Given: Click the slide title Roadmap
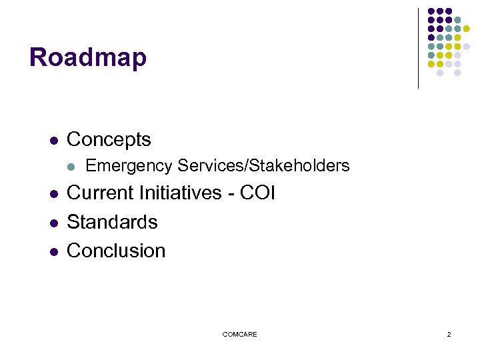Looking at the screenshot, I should [x=87, y=57].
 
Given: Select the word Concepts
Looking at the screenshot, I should [x=109, y=140].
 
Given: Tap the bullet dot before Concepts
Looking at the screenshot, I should [x=53, y=141].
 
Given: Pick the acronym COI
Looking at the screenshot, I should [x=257, y=193].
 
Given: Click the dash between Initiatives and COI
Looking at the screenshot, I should [x=229, y=194].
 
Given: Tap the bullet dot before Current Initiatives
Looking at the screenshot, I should [x=53, y=194].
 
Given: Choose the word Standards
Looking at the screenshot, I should [x=112, y=222].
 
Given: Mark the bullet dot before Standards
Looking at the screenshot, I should [x=53, y=223].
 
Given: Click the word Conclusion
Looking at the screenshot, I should [x=116, y=251].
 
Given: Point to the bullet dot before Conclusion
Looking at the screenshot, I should [x=53, y=251].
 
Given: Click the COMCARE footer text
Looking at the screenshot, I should [x=239, y=334].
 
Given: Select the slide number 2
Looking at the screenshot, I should [x=449, y=334].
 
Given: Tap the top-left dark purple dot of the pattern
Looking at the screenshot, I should [x=431, y=11].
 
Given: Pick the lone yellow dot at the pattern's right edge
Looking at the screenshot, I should [x=467, y=29].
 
